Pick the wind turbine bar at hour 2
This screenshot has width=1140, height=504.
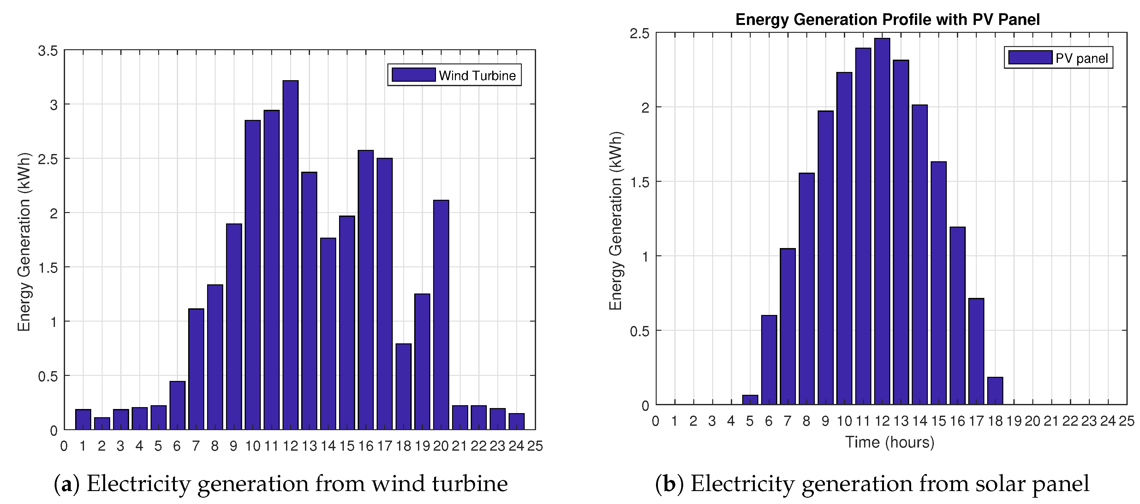coord(102,424)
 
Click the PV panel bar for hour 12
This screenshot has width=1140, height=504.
coord(882,221)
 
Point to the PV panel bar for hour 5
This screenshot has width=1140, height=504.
coord(750,400)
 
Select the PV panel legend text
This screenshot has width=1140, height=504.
coord(1081,58)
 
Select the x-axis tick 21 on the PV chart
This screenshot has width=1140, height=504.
coord(1051,421)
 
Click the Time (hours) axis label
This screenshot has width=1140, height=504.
coord(890,442)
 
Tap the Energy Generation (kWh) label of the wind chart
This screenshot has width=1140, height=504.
coord(24,242)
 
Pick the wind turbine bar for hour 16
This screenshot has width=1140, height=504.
coord(366,290)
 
